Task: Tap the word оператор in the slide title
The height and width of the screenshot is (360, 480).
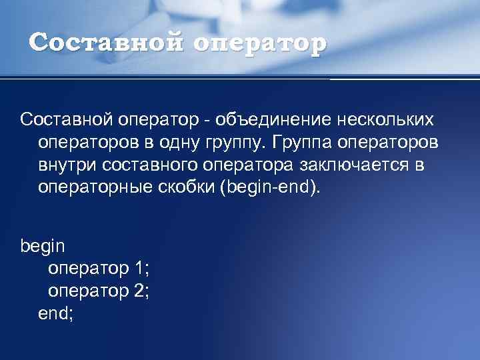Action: pos(261,45)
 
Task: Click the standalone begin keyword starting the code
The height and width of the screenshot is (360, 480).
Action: pos(43,247)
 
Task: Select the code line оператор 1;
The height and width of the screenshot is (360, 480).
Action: pos(99,269)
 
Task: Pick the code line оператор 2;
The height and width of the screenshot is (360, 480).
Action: pos(99,291)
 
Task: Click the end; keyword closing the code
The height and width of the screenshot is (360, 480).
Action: pos(56,313)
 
